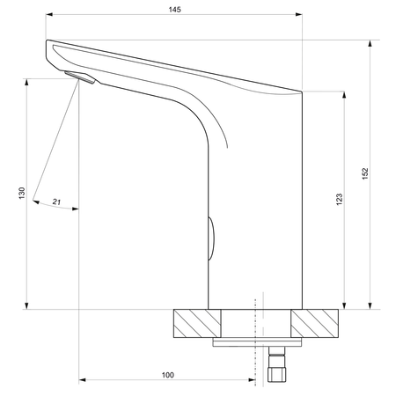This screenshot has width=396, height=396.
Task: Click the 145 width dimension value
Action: (x=174, y=10)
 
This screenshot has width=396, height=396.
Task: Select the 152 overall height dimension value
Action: (x=364, y=173)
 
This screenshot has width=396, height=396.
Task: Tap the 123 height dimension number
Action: (x=339, y=200)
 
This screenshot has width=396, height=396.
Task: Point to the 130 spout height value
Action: (x=22, y=194)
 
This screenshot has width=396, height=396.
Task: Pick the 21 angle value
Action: (x=56, y=202)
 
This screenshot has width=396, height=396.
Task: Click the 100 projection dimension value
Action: (x=168, y=375)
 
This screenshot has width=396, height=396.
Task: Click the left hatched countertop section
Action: (x=197, y=323)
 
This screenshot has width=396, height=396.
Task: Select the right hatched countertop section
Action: (x=315, y=323)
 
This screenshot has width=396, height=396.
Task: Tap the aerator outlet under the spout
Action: (x=80, y=77)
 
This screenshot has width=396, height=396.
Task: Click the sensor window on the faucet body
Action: (x=211, y=238)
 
